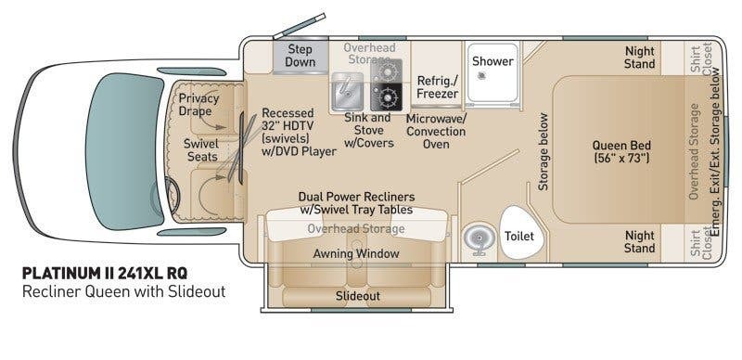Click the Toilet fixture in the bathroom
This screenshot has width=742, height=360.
(518, 233)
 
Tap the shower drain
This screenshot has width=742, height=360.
(481, 75)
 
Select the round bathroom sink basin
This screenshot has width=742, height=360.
(479, 238)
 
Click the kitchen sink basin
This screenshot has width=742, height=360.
(347, 92)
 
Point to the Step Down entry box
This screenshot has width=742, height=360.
(300, 56)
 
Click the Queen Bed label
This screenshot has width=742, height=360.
(621, 151)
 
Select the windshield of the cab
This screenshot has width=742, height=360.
(124, 151)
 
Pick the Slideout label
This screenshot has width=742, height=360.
(358, 296)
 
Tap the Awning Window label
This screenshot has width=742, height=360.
(356, 254)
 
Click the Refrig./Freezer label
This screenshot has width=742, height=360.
(437, 86)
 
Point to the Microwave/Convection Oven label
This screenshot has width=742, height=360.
(436, 131)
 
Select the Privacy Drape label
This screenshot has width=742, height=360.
(198, 105)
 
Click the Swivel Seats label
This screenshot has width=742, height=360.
(201, 150)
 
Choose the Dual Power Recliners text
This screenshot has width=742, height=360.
(356, 197)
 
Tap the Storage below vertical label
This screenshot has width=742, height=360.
(544, 152)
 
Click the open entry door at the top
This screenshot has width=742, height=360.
(299, 26)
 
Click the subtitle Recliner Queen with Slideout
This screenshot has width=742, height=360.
(124, 291)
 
